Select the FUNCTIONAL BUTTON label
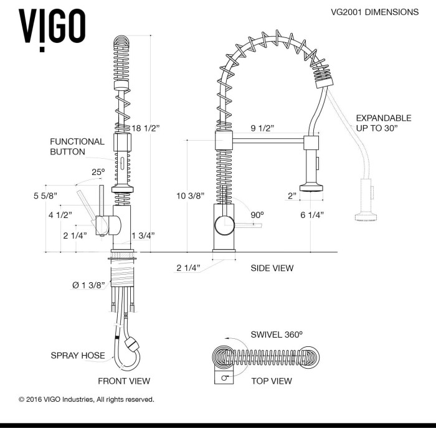pos(77,146)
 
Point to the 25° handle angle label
pos(98,172)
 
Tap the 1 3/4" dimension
pos(143,235)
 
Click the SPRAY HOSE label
pos(78,356)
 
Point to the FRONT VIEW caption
pos(123,381)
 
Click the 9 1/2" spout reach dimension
pos(263,129)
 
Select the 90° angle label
pos(257,214)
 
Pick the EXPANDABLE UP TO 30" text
pos(382,123)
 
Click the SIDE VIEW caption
pos(272,268)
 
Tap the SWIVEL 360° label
pos(277,334)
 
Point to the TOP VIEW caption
pos(271,381)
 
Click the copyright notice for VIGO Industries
pos(87,399)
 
